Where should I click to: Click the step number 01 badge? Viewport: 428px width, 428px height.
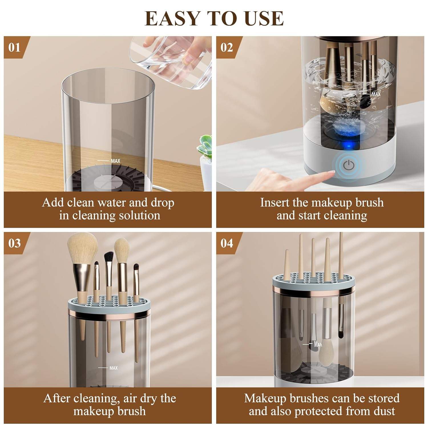[x=14, y=47]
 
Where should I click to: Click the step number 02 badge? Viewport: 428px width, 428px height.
[x=227, y=47]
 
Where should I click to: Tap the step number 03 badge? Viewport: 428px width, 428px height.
[x=14, y=243]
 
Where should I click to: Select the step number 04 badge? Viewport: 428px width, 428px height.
[x=227, y=243]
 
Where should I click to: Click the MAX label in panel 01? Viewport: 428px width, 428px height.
[x=115, y=161]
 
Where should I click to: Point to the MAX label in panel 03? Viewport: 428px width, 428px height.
[x=113, y=368]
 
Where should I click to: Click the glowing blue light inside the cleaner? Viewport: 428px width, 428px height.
[x=347, y=146]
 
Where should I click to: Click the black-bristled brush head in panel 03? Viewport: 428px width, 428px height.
[x=108, y=257]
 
